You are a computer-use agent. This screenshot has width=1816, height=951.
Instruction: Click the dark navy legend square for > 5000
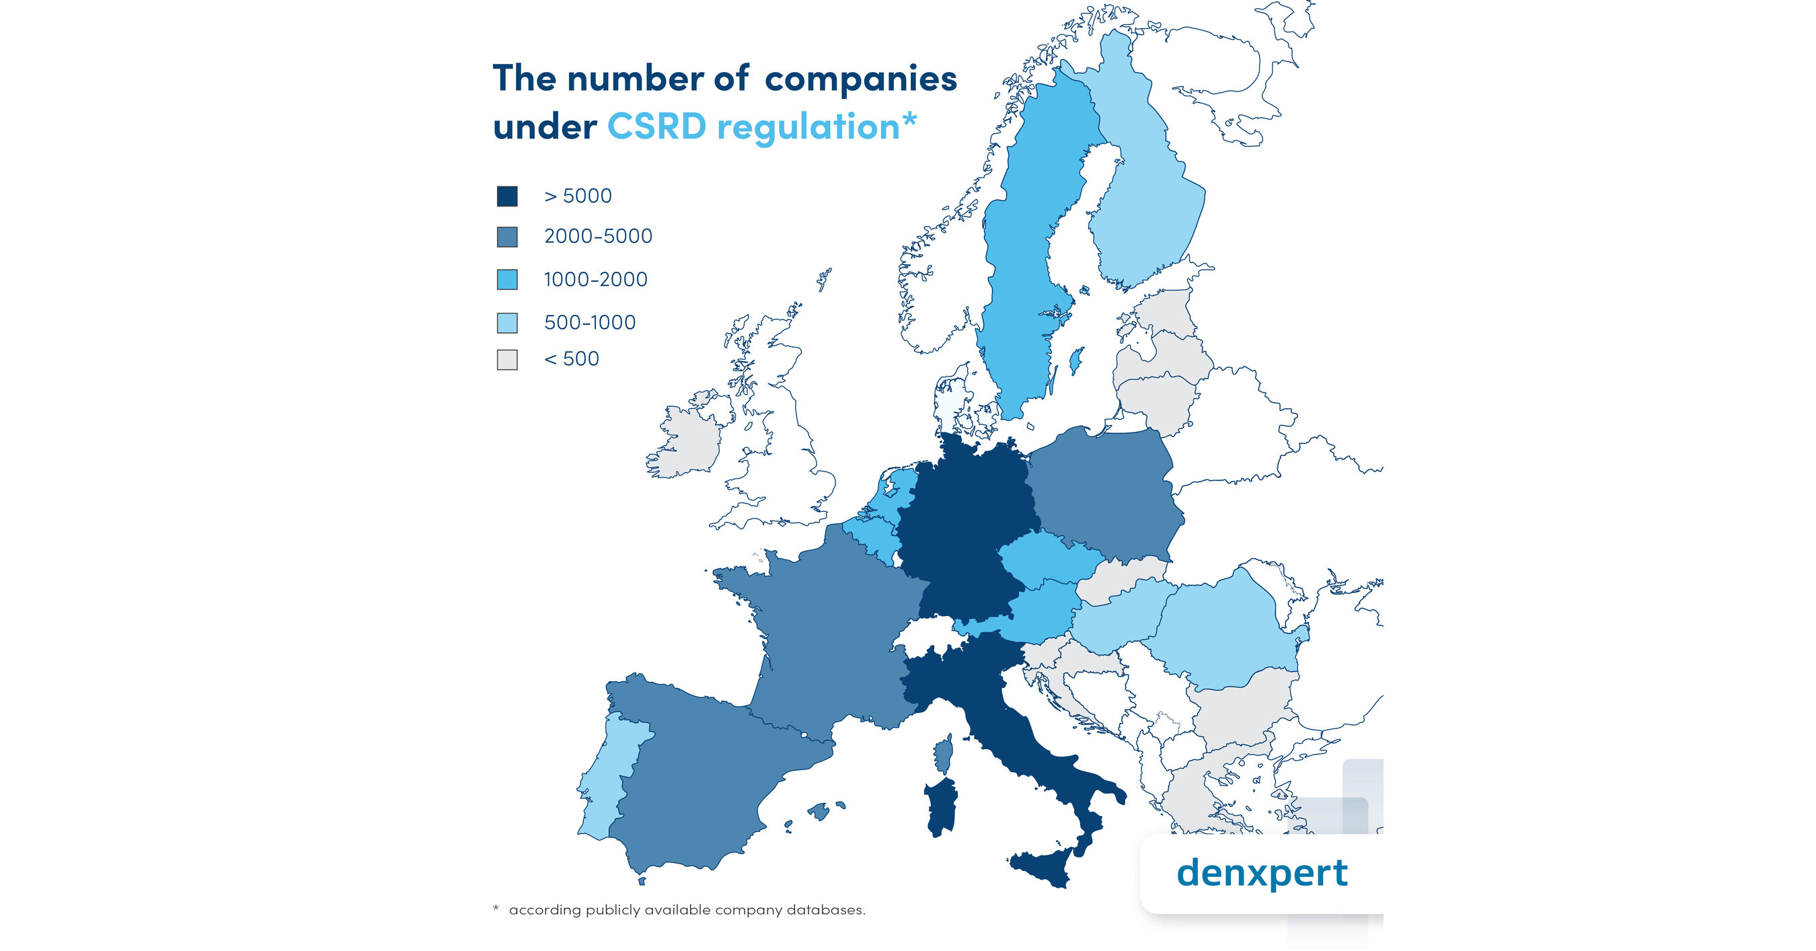[x=507, y=196]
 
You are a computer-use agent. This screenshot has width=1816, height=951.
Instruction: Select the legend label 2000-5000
[x=598, y=236]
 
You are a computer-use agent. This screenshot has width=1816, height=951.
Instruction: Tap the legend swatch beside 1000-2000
[x=507, y=279]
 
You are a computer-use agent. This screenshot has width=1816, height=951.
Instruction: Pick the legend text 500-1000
[x=589, y=322]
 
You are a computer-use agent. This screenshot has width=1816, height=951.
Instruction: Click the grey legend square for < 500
[x=507, y=360]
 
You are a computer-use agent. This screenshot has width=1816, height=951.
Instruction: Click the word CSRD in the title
[x=656, y=127]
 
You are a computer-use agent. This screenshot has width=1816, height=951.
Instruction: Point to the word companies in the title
[x=860, y=79]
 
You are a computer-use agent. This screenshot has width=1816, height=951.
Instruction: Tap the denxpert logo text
[x=1261, y=873]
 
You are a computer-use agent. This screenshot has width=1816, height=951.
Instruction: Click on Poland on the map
[x=1103, y=494]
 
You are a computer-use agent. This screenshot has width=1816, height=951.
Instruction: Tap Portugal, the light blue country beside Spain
[x=606, y=782]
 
